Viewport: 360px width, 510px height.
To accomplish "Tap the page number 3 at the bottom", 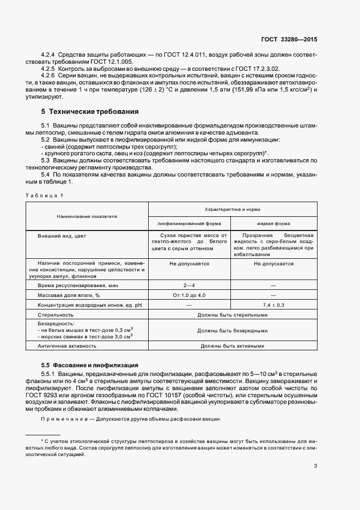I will coord(315,465).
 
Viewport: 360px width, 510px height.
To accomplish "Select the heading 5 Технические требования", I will coord(90,112).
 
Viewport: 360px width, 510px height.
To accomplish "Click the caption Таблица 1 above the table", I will coord(46,195).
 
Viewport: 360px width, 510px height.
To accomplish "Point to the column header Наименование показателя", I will coord(87,216).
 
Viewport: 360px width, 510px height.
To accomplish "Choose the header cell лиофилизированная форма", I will coord(190,223).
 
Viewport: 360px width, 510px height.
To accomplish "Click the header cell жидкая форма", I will coord(273,223).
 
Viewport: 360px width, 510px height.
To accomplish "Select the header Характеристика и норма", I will coord(232,209).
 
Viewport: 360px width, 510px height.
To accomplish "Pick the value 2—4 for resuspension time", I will coord(190,285).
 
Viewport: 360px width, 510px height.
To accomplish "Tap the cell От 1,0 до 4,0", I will coord(190,295).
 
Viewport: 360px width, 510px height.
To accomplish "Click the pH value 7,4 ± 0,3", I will coord(273,305).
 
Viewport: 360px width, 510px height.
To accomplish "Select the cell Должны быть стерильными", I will coord(232,314).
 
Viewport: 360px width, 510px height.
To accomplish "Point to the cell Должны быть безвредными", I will coord(232,330).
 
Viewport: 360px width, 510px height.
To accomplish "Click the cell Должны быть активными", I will coord(232,345).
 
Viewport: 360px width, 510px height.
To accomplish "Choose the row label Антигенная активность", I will coord(67,345).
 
